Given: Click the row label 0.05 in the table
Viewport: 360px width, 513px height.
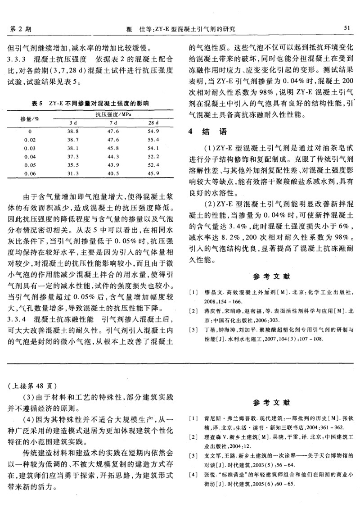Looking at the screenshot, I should pyautogui.click(x=30, y=165).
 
